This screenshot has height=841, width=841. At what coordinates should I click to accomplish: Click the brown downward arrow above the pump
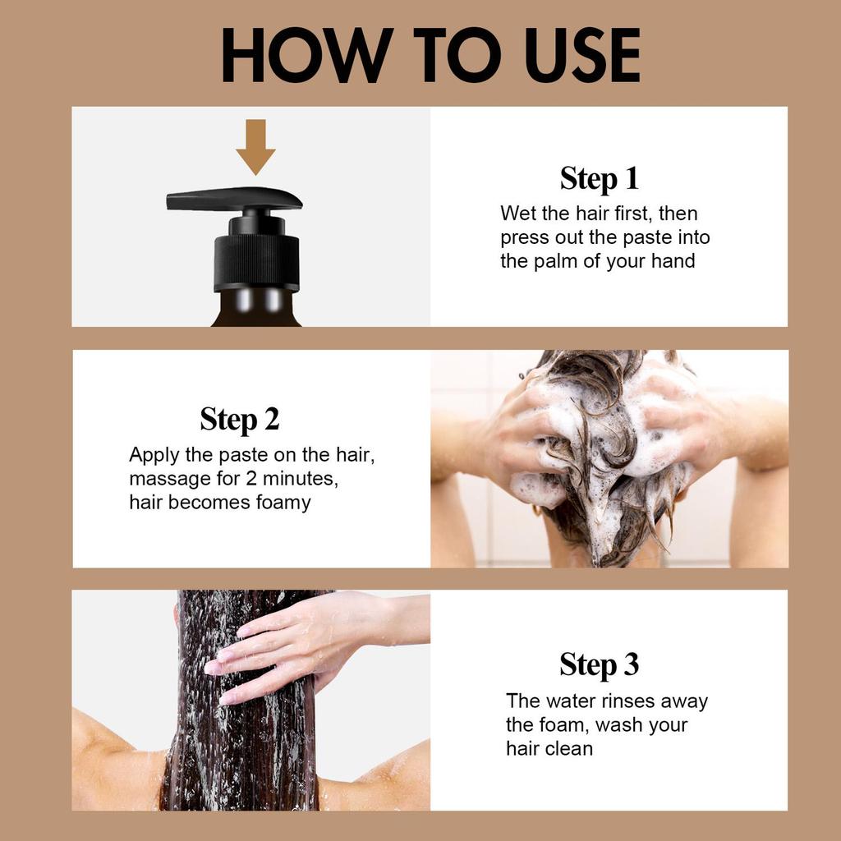point(255,146)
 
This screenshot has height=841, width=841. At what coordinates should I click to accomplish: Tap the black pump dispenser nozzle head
point(234,199)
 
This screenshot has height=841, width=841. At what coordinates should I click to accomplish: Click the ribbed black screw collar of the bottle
point(256,262)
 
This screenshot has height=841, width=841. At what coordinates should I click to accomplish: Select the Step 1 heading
point(599,178)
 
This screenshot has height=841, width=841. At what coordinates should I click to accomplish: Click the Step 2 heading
point(240,419)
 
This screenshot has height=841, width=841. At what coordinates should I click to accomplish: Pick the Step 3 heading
point(599,664)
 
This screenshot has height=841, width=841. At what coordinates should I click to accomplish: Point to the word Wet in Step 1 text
point(518,214)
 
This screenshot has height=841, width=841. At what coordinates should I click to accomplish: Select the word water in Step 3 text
point(571,701)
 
